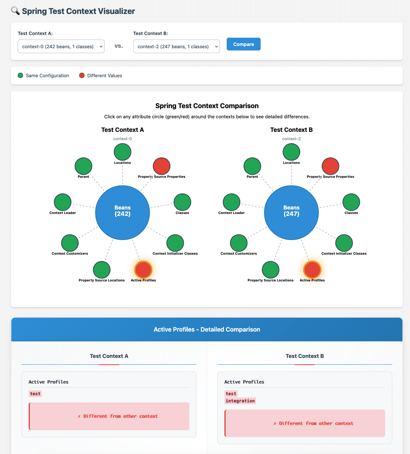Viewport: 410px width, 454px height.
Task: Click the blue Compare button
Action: click(243, 44)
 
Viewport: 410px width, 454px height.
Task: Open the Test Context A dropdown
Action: click(61, 46)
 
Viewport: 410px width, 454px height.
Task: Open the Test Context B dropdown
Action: click(176, 46)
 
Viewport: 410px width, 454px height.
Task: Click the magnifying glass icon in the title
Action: click(15, 11)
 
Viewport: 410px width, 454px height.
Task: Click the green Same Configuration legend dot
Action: click(20, 75)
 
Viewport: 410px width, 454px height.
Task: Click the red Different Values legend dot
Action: click(82, 75)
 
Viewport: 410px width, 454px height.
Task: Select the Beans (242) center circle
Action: click(122, 212)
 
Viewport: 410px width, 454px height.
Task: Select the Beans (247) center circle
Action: click(291, 212)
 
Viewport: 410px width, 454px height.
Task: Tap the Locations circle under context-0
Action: click(122, 152)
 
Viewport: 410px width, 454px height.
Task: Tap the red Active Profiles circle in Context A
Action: click(143, 270)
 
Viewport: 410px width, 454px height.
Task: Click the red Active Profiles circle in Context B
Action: click(312, 270)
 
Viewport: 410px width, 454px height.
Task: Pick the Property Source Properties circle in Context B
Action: click(330, 166)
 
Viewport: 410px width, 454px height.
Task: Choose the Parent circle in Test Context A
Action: click(83, 166)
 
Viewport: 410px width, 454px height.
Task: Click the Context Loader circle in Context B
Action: click(232, 202)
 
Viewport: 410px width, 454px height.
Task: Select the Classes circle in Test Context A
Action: click(182, 202)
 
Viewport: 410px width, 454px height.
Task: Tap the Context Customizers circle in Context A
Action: click(70, 243)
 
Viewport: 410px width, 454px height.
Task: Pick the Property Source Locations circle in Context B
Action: click(270, 270)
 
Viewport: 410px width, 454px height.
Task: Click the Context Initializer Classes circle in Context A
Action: click(175, 243)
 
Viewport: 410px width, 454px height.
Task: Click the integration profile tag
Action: click(240, 401)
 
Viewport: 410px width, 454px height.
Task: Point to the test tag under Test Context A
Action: click(35, 394)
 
